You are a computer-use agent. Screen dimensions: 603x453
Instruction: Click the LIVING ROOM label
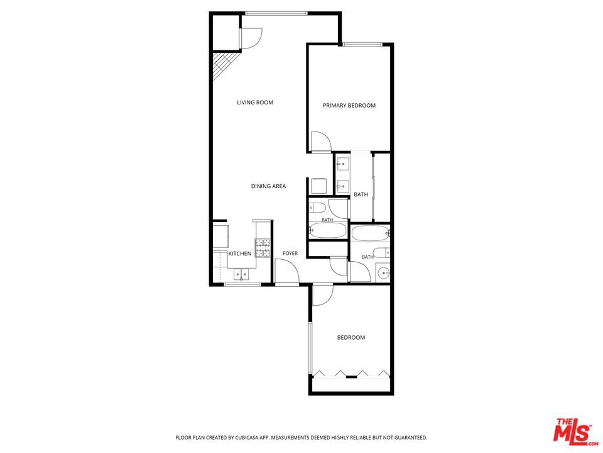pyautogui.click(x=255, y=103)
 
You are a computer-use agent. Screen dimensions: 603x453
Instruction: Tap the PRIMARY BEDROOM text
pyautogui.click(x=349, y=106)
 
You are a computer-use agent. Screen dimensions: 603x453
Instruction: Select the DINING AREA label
pyautogui.click(x=268, y=186)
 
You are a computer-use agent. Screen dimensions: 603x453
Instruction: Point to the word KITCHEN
pyautogui.click(x=240, y=254)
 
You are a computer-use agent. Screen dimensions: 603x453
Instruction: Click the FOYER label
pyautogui.click(x=290, y=254)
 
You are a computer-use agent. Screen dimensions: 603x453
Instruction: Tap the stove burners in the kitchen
pyautogui.click(x=263, y=248)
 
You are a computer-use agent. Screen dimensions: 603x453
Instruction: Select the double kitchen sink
pyautogui.click(x=241, y=274)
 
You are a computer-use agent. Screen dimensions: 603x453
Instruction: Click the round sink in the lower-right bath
pyautogui.click(x=383, y=272)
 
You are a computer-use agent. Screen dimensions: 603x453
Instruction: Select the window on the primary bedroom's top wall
pyautogui.click(x=362, y=44)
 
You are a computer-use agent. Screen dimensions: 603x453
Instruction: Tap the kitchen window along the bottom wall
pyautogui.click(x=242, y=284)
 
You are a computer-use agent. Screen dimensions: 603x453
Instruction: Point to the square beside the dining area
pyautogui.click(x=319, y=186)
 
